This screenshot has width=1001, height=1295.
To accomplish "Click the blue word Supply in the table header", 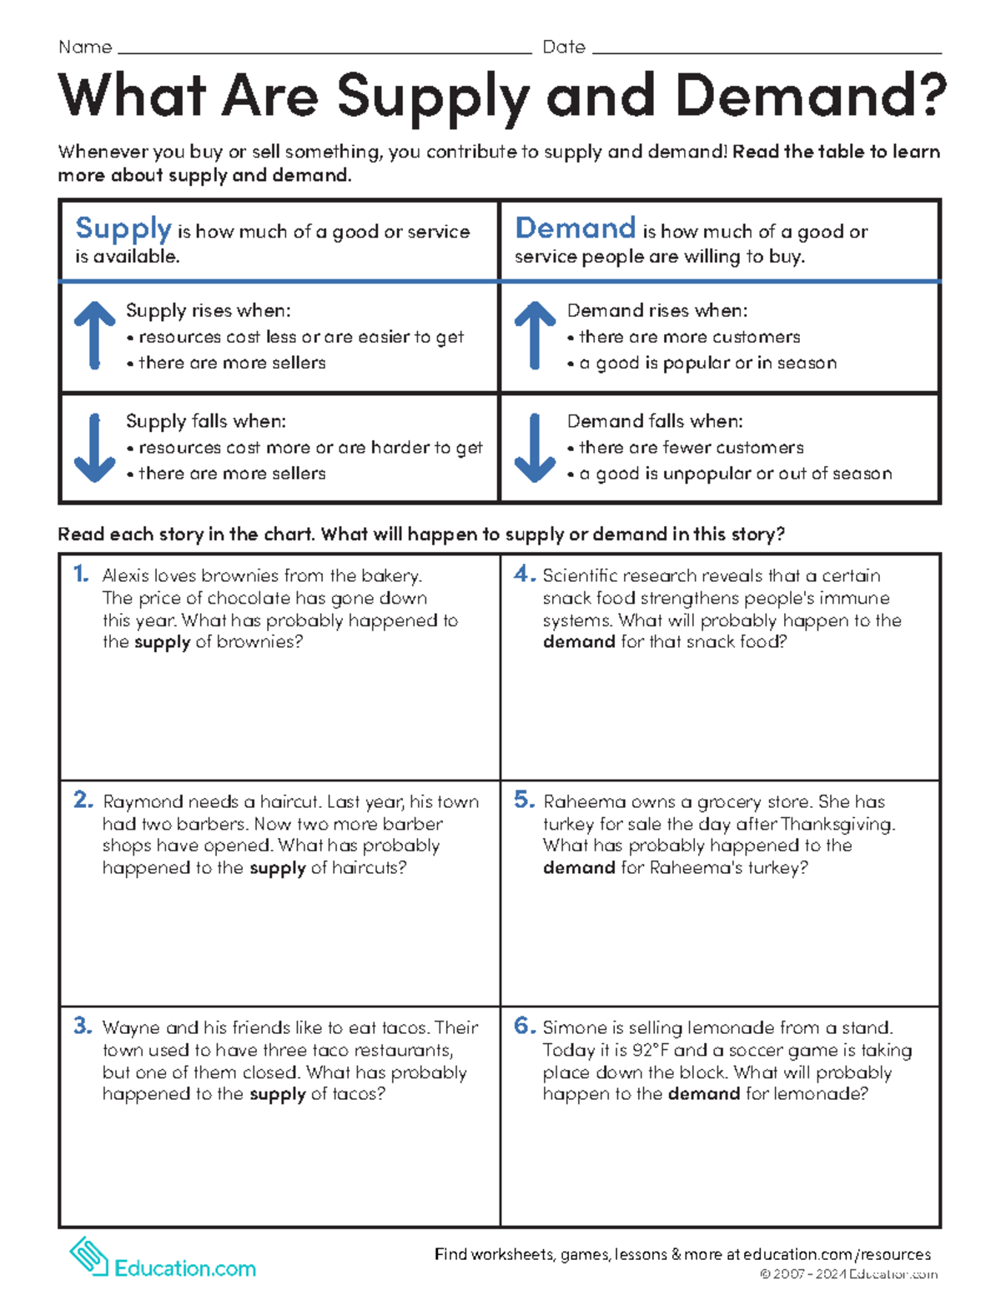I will [x=123, y=228].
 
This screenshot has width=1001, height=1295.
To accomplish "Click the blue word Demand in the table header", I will [x=576, y=228].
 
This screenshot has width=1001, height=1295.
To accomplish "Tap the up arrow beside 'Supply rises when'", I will [x=94, y=335].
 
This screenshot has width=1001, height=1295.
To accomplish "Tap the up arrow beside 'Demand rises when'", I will [x=535, y=335].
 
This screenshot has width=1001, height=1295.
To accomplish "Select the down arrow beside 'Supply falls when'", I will [x=94, y=447].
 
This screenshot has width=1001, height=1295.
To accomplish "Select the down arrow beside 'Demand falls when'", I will [x=535, y=447].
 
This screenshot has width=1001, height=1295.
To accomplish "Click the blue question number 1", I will [x=81, y=574].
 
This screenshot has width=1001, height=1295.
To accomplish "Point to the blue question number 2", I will [x=83, y=800].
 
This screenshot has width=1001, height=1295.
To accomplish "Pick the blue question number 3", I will [x=83, y=1026].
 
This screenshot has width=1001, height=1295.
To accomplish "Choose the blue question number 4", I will [x=524, y=574].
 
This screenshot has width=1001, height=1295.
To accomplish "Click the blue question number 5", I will [x=524, y=800].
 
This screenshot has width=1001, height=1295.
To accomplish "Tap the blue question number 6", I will [x=524, y=1026].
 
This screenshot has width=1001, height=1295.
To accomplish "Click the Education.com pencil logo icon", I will [x=88, y=1257].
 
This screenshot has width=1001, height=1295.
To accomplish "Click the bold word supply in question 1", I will [x=162, y=642].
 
